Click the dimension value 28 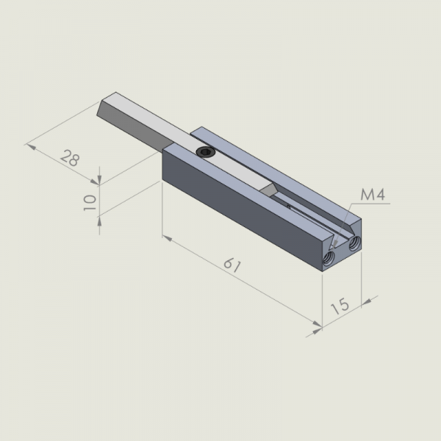[x=70, y=158]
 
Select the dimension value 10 [x=90, y=202]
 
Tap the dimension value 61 [x=232, y=265]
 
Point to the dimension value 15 [x=340, y=306]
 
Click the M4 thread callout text [x=373, y=194]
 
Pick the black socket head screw [x=206, y=152]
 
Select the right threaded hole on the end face [x=355, y=243]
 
